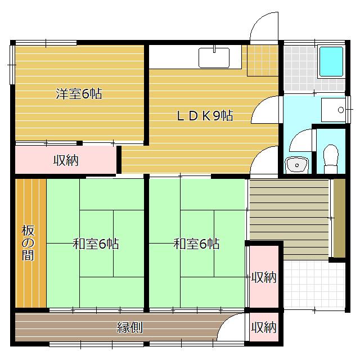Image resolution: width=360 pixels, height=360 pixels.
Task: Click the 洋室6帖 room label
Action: click(79, 93)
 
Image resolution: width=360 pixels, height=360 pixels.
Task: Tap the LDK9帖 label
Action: click(205, 115)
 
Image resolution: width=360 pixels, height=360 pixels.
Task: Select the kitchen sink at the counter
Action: click(214, 57)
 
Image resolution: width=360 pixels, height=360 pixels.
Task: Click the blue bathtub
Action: click(331, 61)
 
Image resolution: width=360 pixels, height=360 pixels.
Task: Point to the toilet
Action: click(331, 159)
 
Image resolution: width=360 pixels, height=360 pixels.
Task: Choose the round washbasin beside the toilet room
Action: click(296, 165)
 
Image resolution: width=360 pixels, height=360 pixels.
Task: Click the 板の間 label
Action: click(28, 243)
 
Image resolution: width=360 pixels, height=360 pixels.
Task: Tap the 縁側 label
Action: click(130, 327)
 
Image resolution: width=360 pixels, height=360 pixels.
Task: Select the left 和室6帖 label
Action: click(96, 244)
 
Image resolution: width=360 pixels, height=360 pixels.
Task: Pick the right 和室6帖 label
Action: click(196, 244)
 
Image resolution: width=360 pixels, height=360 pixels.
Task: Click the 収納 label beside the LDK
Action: click(66, 160)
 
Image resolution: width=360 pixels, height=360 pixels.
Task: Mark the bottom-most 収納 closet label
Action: click(264, 327)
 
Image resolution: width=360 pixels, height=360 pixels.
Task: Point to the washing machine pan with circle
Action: click(333, 110)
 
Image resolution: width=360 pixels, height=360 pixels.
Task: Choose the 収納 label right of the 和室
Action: click(264, 277)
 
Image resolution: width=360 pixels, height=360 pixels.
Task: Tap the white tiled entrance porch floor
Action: click(314, 285)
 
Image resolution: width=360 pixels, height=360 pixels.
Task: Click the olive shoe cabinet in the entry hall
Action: click(339, 218)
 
